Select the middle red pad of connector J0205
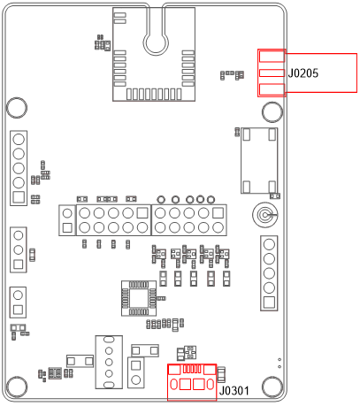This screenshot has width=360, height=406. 272,73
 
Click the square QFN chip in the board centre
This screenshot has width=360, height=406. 138,297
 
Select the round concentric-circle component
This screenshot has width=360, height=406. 264,214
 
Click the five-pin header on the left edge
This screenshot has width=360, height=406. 19,167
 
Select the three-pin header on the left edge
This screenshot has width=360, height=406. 18,249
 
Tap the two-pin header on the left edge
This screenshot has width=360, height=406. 18,302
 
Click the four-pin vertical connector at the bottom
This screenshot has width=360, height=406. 109,361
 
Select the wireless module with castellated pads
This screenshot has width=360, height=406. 152,53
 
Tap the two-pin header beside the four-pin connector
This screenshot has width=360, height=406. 136,372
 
